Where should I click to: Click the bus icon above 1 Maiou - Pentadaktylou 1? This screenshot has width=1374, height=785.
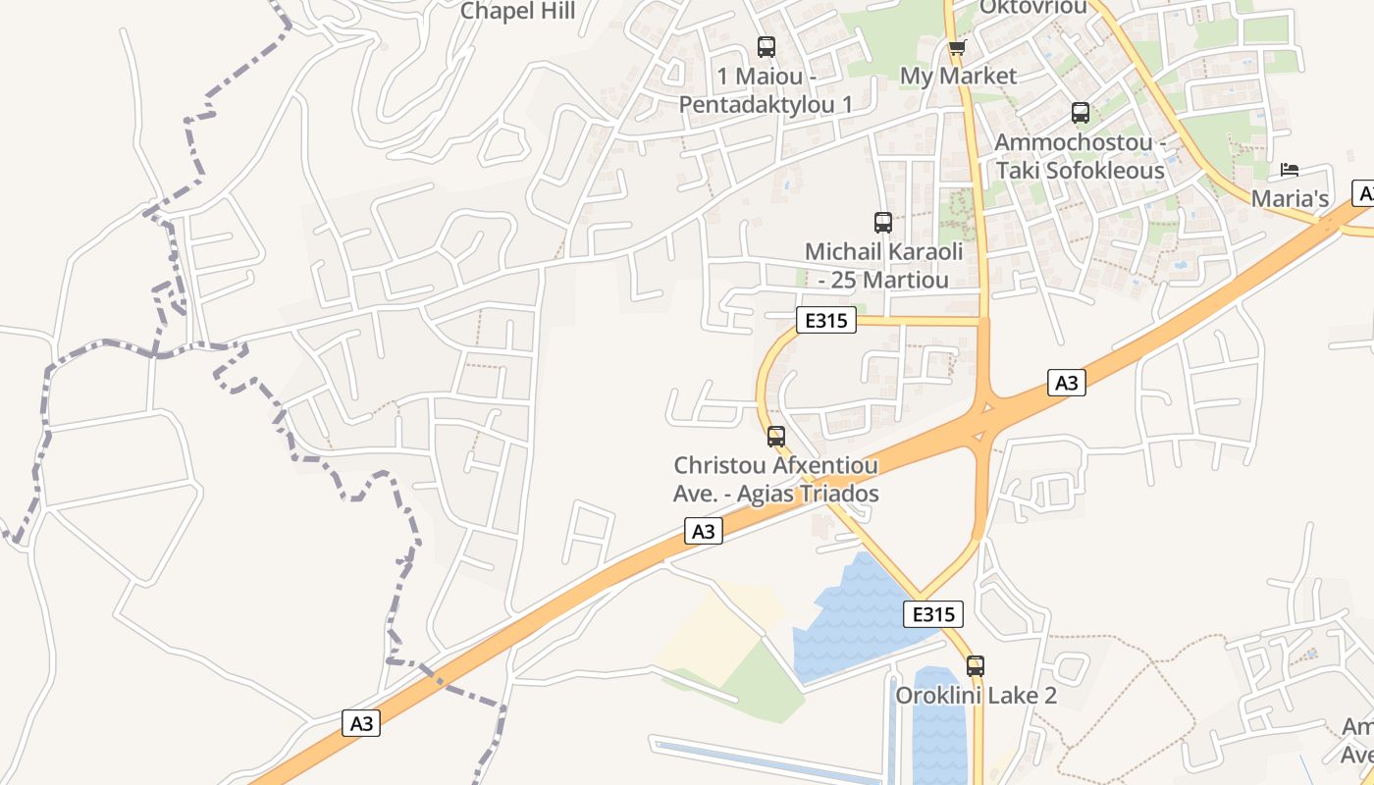pyautogui.click(x=766, y=46)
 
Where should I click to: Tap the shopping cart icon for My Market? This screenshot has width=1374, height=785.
pyautogui.click(x=957, y=47)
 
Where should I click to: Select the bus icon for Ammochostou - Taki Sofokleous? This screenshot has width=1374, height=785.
pyautogui.click(x=1081, y=113)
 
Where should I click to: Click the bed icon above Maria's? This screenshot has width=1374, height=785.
pyautogui.click(x=1290, y=170)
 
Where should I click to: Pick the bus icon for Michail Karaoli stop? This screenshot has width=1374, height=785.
pyautogui.click(x=882, y=223)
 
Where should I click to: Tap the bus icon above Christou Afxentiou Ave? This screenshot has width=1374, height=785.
pyautogui.click(x=775, y=436)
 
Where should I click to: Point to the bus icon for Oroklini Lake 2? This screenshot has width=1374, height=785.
pyautogui.click(x=975, y=665)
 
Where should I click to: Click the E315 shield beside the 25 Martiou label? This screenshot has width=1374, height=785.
pyautogui.click(x=826, y=320)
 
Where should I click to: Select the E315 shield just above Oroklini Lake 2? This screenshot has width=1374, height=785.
pyautogui.click(x=932, y=614)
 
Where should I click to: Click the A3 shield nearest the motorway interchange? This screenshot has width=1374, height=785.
pyautogui.click(x=1067, y=383)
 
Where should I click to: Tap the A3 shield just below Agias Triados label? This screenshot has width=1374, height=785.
pyautogui.click(x=704, y=532)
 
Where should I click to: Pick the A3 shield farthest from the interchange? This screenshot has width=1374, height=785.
pyautogui.click(x=362, y=724)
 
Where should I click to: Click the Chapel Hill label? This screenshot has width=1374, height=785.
pyautogui.click(x=517, y=12)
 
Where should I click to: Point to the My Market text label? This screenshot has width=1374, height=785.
pyautogui.click(x=958, y=76)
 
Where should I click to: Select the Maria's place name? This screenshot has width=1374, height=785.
pyautogui.click(x=1290, y=198)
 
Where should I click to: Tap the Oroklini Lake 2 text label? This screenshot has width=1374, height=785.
pyautogui.click(x=976, y=695)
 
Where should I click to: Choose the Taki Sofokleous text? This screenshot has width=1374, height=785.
pyautogui.click(x=1081, y=170)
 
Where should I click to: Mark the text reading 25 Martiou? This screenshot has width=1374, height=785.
pyautogui.click(x=890, y=280)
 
